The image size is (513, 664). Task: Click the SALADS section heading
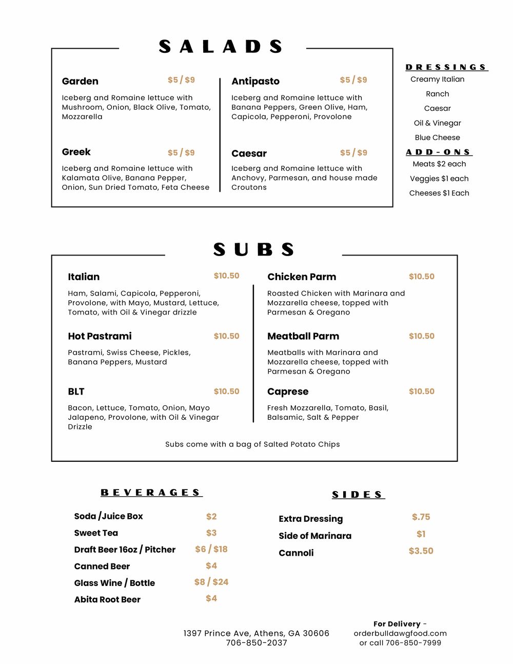[221, 47]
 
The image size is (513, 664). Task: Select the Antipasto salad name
[255, 81]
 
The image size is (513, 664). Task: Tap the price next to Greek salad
[181, 152]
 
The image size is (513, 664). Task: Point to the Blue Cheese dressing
[437, 138]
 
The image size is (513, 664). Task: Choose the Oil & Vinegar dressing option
[437, 123]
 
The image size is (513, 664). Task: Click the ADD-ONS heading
[439, 152]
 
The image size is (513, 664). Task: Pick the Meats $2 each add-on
[439, 164]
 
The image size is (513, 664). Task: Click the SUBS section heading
[253, 250]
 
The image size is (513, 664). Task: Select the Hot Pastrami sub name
[100, 336]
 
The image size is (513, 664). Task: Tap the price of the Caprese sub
[421, 391]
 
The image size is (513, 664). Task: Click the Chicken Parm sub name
[302, 277]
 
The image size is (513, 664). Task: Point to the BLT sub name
[76, 392]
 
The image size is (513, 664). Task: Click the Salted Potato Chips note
[252, 444]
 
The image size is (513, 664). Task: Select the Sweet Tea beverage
[96, 533]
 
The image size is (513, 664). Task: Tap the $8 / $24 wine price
[211, 582]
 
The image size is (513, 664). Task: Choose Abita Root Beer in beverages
[107, 599]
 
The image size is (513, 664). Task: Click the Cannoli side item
[296, 553]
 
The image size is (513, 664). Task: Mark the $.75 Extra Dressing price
[421, 517]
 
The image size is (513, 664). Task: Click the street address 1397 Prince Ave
[256, 633]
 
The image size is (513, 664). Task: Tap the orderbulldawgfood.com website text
[400, 633]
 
